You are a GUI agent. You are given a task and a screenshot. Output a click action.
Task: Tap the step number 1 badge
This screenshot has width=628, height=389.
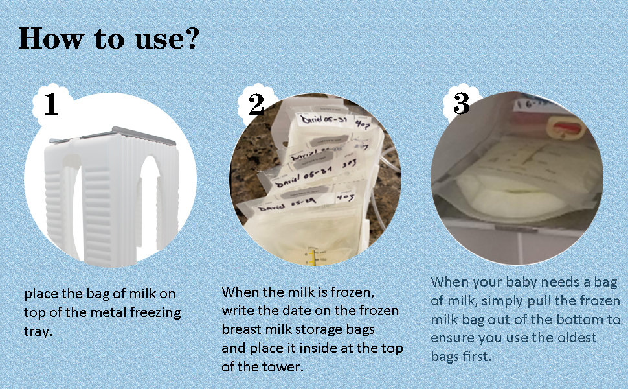coord(50,105)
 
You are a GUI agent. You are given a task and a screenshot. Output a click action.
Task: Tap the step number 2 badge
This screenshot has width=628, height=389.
coord(256,105)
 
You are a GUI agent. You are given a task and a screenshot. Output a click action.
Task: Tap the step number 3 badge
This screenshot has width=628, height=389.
coord(461,104)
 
